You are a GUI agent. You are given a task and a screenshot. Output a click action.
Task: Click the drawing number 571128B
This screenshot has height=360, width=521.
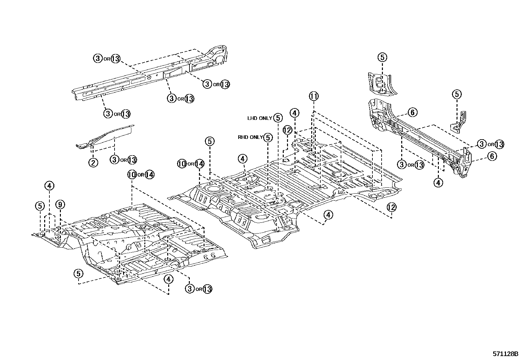tap(505, 354)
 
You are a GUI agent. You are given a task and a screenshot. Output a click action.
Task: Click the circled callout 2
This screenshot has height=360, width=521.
tap(93, 162)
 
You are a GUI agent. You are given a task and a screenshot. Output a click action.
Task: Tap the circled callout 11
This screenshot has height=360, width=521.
tap(313, 96)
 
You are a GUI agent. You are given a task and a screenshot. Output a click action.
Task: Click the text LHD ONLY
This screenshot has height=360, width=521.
tap(260, 118)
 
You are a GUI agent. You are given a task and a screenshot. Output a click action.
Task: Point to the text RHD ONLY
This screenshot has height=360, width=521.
tap(250, 138)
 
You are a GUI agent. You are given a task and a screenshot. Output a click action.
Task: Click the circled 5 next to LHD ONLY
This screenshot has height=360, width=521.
tap(278, 118)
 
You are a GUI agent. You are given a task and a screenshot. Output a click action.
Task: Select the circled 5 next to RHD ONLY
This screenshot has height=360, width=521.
tap(268, 138)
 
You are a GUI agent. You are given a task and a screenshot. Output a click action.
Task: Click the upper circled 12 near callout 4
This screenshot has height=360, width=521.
tap(287, 130)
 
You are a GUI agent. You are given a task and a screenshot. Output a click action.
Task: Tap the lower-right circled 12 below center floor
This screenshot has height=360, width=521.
tap(391, 207)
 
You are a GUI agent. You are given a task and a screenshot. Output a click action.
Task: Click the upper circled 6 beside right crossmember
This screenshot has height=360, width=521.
tap(412, 113)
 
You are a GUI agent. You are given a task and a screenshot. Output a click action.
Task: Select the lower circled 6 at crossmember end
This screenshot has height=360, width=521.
tap(492, 156)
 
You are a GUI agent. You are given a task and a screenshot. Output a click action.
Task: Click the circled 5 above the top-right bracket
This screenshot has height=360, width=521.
tap(382, 57)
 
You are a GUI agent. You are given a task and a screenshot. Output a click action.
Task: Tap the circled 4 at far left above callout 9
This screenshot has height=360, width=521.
tap(49, 186)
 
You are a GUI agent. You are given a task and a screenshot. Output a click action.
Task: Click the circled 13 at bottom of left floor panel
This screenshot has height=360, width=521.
tap(207, 289)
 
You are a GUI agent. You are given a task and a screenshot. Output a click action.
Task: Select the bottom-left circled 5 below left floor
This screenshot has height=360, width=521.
tap(78, 273)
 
